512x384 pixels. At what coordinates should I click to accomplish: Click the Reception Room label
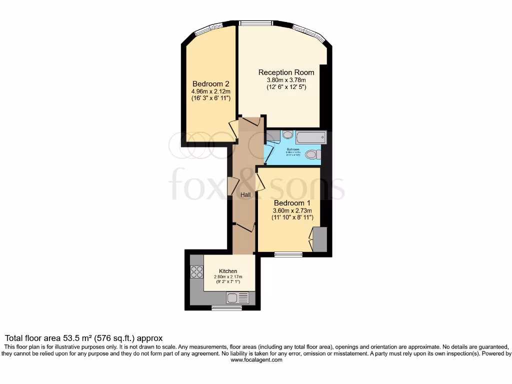click(x=286, y=72)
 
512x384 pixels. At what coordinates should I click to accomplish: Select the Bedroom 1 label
click(x=292, y=203)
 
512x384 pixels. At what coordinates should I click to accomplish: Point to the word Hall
click(x=245, y=194)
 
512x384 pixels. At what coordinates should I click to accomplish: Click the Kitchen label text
click(x=228, y=271)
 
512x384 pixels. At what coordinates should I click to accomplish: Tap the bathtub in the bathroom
click(x=310, y=137)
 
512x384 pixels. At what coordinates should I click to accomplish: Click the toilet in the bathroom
click(x=313, y=154)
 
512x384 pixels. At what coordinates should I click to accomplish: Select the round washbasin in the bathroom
click(x=287, y=134)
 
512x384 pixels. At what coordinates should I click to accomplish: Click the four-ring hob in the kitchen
click(x=197, y=271)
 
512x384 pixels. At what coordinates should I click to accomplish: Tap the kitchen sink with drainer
click(x=237, y=298)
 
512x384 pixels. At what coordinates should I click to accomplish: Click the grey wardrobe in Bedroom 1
click(x=320, y=239)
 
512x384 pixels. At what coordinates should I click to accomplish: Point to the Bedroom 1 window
click(x=288, y=254)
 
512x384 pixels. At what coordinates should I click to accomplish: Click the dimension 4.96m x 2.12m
click(x=210, y=91)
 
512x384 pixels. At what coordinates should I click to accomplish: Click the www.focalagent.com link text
click(x=256, y=359)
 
